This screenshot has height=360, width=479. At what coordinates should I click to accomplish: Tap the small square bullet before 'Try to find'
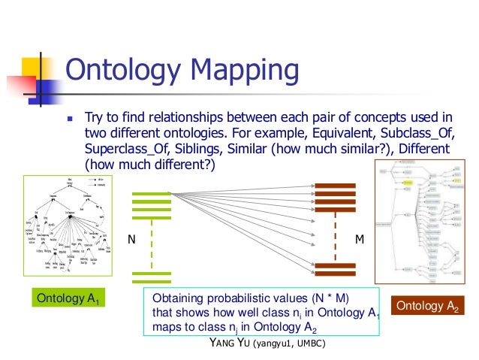70,119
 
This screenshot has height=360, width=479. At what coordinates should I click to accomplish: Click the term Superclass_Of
122,150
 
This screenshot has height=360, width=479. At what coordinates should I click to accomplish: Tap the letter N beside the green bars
131,240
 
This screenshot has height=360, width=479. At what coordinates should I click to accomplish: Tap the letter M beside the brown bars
359,240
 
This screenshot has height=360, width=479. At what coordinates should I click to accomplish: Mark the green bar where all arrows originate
151,198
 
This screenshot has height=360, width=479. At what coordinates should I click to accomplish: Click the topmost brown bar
335,187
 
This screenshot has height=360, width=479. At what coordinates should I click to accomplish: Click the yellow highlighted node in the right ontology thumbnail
409,183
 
